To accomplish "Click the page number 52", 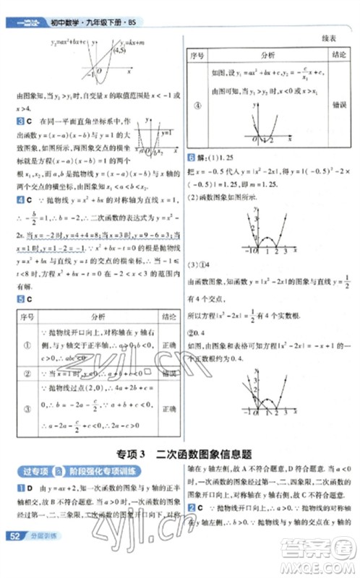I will click(x=12, y=536).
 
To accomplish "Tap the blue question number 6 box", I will click(x=192, y=158).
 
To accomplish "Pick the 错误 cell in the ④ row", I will click(x=337, y=103).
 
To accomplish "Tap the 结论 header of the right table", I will click(x=337, y=54).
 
